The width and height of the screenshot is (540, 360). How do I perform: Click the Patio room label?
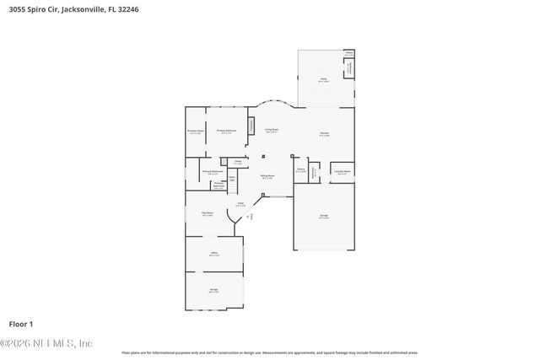point(323,81)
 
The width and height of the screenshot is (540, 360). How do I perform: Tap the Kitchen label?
point(324,134)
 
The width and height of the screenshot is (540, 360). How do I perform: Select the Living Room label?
point(272,130)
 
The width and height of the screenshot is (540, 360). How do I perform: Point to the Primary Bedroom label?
point(225,131)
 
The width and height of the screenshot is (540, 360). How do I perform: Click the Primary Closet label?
point(195,131)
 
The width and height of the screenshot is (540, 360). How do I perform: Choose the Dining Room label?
point(267,177)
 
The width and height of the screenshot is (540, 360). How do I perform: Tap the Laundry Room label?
point(342,171)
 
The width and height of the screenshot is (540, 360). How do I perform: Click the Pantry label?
point(300,169)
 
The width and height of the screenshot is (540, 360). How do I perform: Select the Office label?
point(214,253)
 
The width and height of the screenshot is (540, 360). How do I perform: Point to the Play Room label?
point(207,214)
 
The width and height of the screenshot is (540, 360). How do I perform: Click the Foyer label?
point(240,203)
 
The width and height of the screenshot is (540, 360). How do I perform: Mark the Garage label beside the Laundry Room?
point(324,216)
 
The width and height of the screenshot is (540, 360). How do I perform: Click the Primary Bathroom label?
point(212,172)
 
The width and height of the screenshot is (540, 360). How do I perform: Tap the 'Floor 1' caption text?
point(20,323)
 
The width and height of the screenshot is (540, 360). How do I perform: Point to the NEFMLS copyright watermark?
point(46,344)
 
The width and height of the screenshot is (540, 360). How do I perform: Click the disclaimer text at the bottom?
point(269,352)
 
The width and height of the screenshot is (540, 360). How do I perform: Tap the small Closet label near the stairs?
point(238,162)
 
